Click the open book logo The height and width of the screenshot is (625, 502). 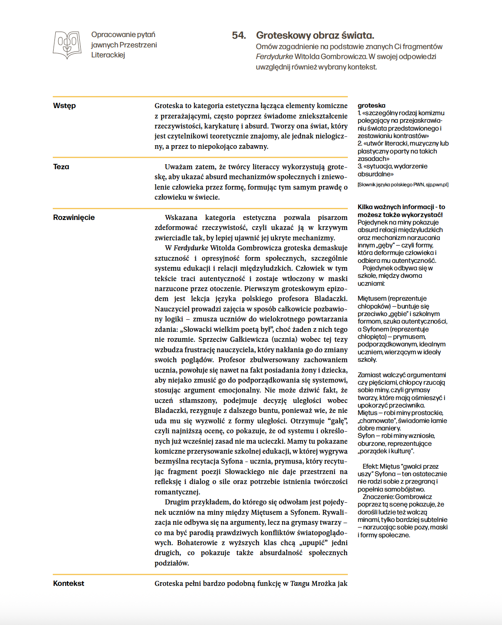(x=67, y=44)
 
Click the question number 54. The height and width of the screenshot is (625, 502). (x=239, y=35)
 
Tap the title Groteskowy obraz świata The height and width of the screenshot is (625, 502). (x=315, y=35)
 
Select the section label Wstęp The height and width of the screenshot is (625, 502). (x=64, y=106)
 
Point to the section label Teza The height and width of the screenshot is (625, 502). (x=61, y=167)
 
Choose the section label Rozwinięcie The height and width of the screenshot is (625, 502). (x=74, y=217)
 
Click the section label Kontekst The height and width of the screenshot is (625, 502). (x=69, y=583)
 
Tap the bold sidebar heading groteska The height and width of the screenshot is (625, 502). (x=372, y=106)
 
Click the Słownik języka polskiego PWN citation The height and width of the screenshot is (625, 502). (x=403, y=185)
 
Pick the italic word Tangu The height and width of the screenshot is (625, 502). (x=300, y=583)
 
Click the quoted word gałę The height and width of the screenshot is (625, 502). (x=337, y=421)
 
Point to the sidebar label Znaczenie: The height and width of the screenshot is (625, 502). (x=378, y=497)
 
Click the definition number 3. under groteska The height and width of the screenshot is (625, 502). (x=360, y=166)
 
